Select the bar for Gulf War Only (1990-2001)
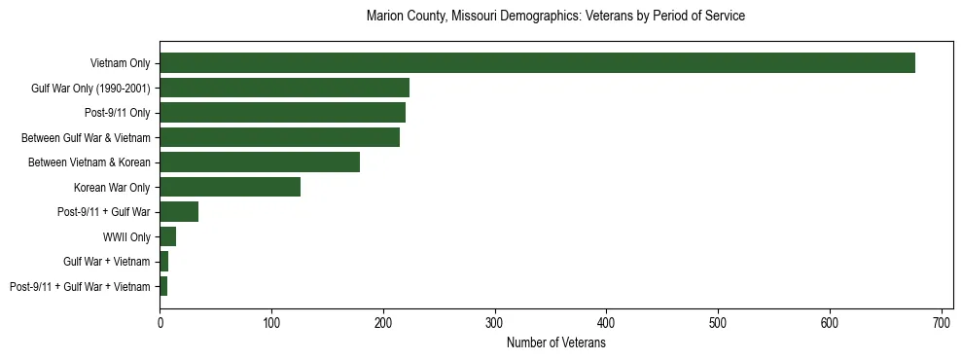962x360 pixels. coord(284,88)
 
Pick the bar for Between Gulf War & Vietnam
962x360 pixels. coord(279,137)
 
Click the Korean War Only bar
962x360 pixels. coord(230,187)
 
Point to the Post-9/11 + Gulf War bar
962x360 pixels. coord(179,212)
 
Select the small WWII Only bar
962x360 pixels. coord(167,236)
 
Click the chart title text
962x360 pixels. coord(555,17)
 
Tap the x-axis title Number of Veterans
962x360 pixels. coord(555,343)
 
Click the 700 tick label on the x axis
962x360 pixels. coord(941,322)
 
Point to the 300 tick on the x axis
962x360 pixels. coord(495,322)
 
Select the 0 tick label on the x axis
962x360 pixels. coord(160,322)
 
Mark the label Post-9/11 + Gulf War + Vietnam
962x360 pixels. coord(80,286)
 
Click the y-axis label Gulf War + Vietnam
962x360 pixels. coord(107,262)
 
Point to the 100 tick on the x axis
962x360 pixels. coord(271,322)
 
